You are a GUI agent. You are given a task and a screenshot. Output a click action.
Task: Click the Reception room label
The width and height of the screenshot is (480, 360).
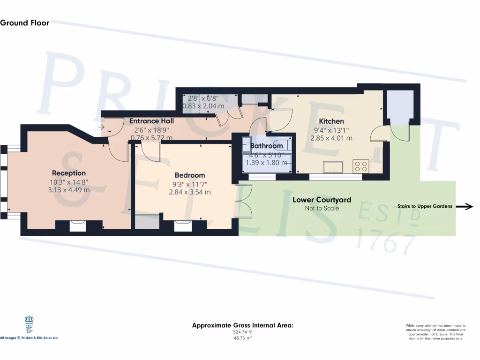[x=69, y=173]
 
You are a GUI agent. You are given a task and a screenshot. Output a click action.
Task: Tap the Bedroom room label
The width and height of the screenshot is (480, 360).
[x=189, y=175]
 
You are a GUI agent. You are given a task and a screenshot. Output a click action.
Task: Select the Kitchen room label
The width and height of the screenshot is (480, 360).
[x=331, y=121]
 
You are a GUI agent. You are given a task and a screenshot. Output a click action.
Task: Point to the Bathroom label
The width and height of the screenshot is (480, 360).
[x=266, y=146]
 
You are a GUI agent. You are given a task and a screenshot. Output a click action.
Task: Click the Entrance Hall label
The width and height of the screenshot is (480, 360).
[x=151, y=121]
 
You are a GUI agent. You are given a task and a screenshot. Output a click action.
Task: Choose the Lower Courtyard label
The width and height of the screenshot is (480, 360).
[x=322, y=200]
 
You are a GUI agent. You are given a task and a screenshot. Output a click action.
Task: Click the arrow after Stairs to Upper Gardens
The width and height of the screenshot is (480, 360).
[x=466, y=206]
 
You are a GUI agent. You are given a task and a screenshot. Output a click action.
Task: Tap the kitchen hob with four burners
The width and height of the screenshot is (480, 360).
[x=361, y=166]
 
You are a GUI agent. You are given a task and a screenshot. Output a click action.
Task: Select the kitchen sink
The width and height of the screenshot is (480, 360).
[x=333, y=167]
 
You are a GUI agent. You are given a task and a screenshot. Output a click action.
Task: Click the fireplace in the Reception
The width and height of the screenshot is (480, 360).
[x=77, y=226]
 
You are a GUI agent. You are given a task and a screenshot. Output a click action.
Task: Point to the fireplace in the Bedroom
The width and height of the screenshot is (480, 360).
[x=182, y=226]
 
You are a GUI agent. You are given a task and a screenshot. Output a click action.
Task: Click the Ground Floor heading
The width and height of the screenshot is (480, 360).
[x=24, y=22]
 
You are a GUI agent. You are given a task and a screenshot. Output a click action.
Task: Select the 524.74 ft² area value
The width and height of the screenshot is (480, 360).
[x=242, y=332]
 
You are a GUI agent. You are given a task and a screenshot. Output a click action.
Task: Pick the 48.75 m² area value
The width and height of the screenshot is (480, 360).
[x=242, y=338]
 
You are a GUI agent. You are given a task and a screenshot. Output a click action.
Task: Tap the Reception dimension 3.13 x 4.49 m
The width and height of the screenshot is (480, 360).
[x=69, y=190]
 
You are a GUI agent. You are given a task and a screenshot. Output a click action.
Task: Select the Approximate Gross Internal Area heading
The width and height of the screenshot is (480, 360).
[x=242, y=325]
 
